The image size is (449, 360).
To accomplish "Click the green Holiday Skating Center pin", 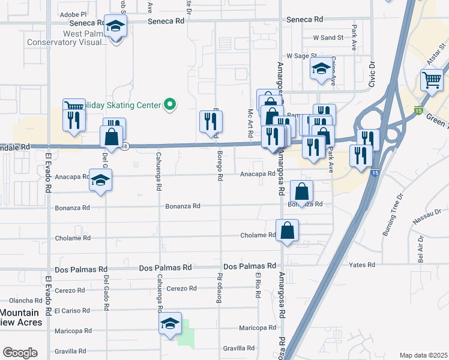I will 170,104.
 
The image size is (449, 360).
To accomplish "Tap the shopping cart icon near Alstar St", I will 432,80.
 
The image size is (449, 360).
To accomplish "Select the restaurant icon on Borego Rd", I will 211,122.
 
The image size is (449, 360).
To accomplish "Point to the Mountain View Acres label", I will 20,317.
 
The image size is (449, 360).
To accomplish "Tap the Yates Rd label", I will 363,265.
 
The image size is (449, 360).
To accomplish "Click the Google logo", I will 20,353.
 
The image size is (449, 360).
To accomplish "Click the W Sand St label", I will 328,37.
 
